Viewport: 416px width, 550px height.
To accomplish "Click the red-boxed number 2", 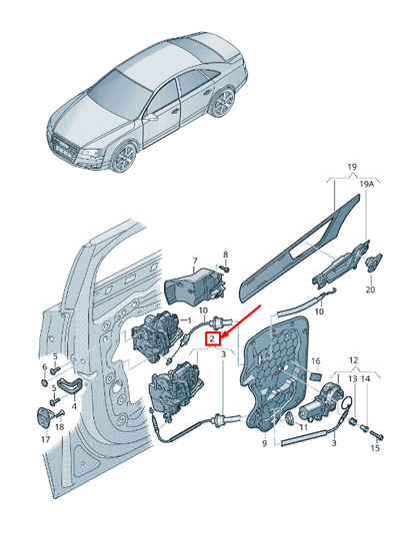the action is point(212,339).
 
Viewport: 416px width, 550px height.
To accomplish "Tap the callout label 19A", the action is point(366,184).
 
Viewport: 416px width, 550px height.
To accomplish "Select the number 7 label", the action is point(195,261).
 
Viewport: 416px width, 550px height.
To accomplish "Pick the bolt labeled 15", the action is point(376,435).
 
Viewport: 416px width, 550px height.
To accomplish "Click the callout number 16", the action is point(316,361).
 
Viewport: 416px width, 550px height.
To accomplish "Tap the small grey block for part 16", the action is point(316,377).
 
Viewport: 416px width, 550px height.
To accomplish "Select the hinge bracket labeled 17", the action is point(44,418).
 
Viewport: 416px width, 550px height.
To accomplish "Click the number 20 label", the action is point(370,289).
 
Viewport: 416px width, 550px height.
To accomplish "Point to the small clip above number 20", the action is point(374,263).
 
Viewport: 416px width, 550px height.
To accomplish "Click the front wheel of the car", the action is point(124,157).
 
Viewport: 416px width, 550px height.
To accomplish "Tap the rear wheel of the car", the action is point(223,102).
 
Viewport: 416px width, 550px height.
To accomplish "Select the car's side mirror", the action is point(151,118).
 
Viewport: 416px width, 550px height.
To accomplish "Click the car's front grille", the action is point(64,147).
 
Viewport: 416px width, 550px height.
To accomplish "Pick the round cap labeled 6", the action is point(44,382).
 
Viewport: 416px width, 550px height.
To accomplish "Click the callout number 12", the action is point(353,360).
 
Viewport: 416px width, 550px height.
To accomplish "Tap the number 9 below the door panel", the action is point(265,444).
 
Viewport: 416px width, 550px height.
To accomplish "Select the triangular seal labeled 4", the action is point(70,385).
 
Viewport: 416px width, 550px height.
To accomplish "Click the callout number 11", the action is point(303,427).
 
